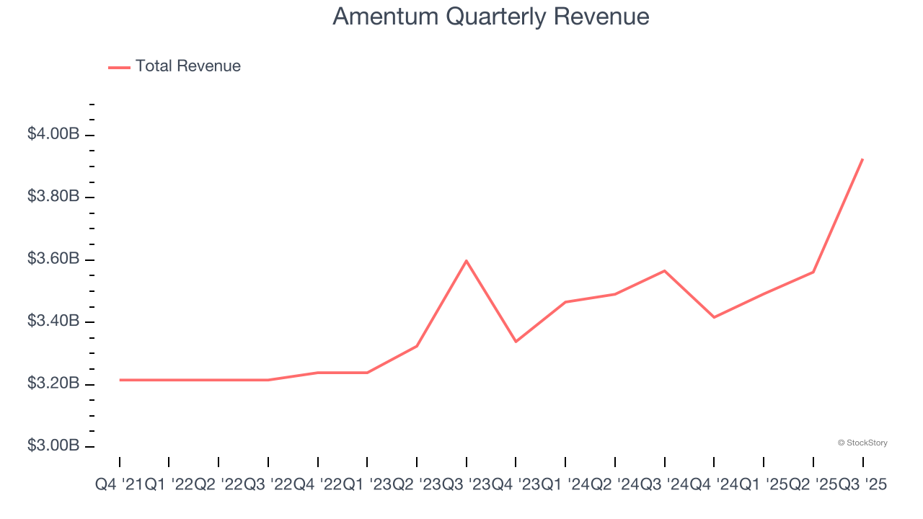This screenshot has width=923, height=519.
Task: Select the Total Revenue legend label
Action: coord(187,66)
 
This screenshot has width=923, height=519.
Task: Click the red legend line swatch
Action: coord(119,67)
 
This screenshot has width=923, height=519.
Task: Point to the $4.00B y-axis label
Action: coord(53,134)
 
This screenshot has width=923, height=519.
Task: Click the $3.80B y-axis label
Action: coord(53,196)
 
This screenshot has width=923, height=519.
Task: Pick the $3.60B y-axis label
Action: coord(53,258)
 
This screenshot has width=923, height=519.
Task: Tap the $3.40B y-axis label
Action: coord(53,321)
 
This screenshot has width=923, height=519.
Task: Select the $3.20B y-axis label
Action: coord(53,383)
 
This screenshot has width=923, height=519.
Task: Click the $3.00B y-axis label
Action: coord(53,445)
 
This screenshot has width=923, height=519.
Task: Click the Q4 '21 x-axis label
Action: coord(120,485)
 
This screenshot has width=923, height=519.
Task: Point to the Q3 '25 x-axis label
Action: coord(862,485)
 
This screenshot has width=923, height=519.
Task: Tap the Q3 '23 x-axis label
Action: coord(467,485)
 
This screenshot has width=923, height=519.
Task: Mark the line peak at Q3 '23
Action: coord(467,260)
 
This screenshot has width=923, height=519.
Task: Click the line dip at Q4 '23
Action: coord(516,342)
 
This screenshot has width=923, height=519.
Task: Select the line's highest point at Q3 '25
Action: coord(862,159)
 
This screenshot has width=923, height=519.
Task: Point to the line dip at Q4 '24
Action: coord(714,317)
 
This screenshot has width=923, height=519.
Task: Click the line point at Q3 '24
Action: coord(664,270)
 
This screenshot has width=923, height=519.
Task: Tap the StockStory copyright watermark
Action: coord(862,443)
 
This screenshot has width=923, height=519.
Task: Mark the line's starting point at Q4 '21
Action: coord(120,380)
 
